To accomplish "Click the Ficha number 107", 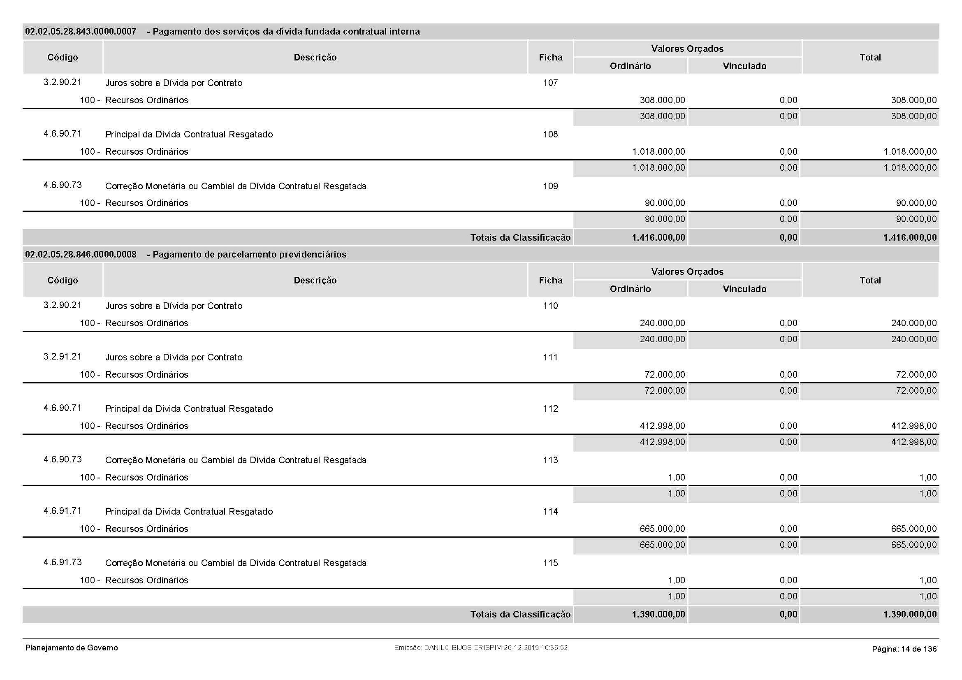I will click(550, 83).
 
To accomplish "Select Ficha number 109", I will click(550, 186).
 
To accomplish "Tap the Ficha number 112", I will click(550, 408).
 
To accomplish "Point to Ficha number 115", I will click(550, 563).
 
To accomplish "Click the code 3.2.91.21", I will click(63, 357).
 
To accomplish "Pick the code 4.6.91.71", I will click(63, 511).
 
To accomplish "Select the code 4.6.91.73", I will click(63, 562).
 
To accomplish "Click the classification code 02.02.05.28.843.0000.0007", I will click(81, 31).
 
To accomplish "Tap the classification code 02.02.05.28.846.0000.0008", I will click(81, 254).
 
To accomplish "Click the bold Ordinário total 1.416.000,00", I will click(658, 237).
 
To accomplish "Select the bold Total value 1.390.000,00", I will click(910, 614).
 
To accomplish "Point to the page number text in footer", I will click(904, 649).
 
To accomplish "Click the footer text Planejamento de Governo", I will click(72, 648).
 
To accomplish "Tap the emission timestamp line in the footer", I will click(480, 648).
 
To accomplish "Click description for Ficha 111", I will click(174, 357).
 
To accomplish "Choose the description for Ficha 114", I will click(189, 511).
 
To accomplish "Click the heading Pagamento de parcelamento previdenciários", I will click(249, 254).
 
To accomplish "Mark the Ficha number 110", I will click(550, 306).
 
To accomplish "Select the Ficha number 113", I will click(550, 460).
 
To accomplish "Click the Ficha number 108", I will click(550, 135).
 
